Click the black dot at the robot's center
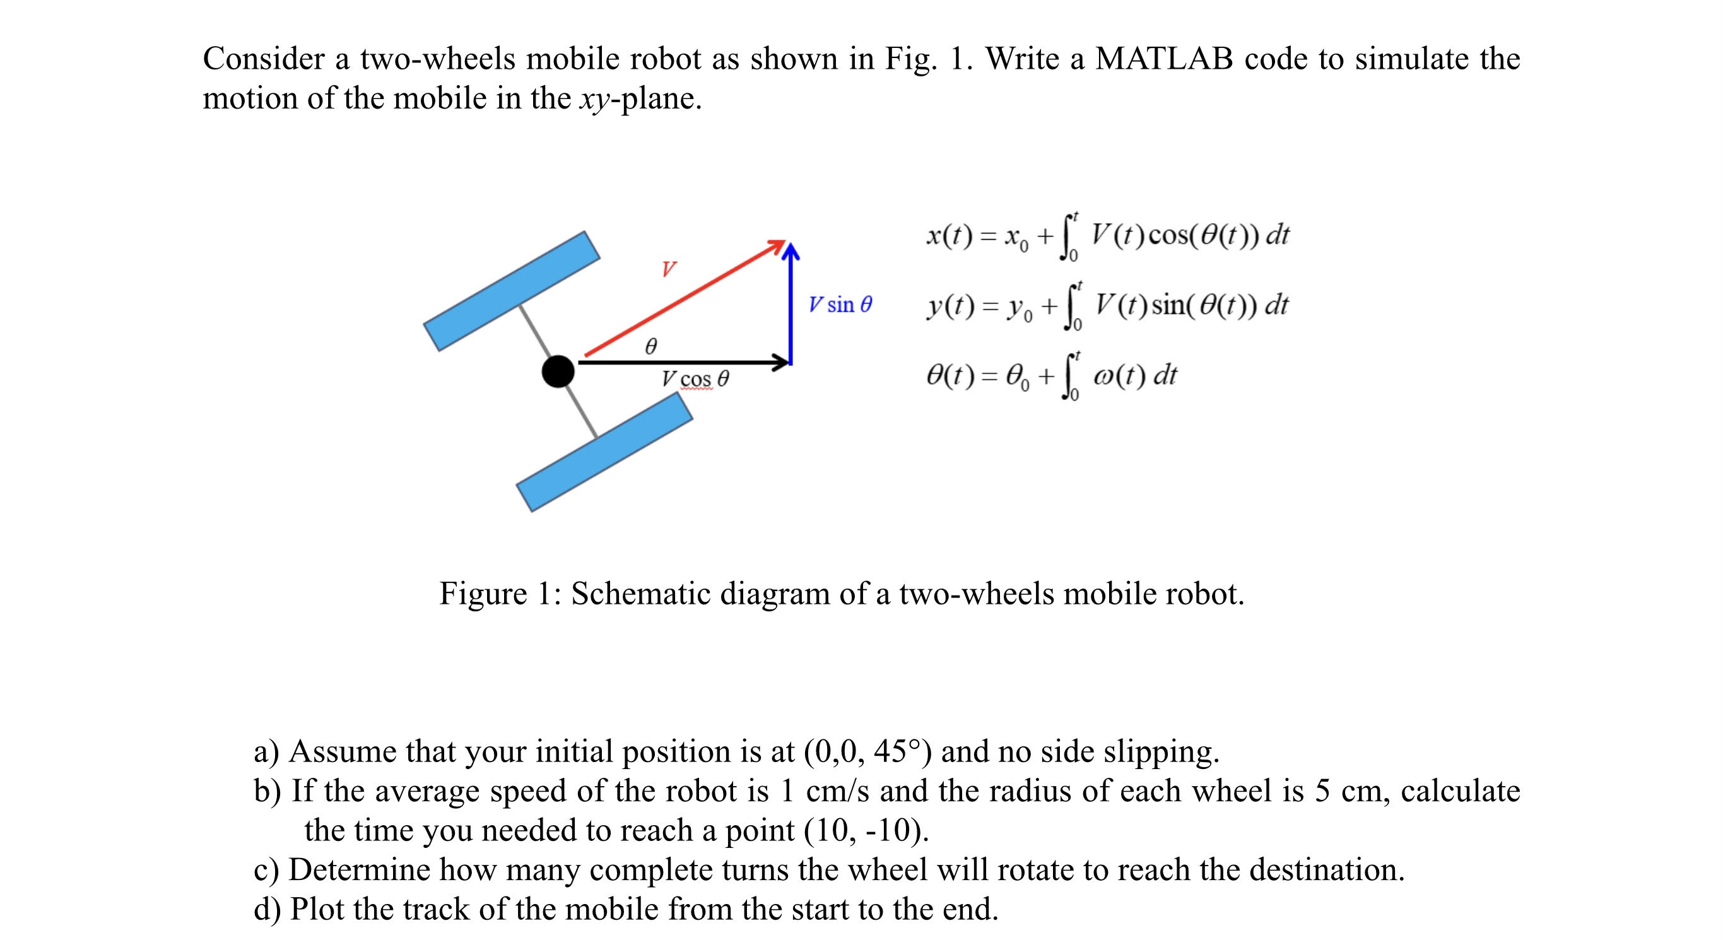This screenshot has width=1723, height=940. click(558, 372)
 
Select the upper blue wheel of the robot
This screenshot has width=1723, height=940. click(512, 291)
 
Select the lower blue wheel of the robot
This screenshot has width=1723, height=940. click(604, 452)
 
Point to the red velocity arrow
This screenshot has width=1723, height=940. click(682, 298)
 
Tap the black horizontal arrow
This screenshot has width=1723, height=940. click(682, 363)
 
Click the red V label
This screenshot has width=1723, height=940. click(668, 269)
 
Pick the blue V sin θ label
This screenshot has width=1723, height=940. click(840, 305)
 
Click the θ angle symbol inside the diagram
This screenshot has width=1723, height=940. click(650, 346)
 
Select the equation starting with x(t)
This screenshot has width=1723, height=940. click(1107, 236)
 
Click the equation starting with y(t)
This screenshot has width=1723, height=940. click(1107, 307)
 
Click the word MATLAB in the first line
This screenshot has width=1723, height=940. click(1163, 59)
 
